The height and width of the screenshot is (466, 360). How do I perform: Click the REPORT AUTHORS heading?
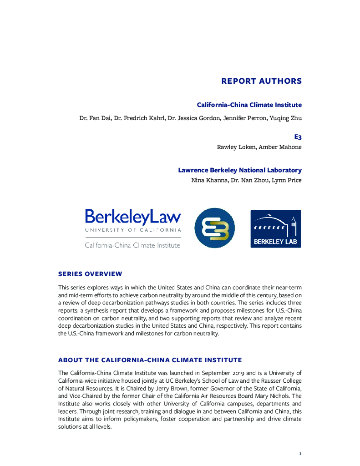[261, 81]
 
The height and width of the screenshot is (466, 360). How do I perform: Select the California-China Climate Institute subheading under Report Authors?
[249, 105]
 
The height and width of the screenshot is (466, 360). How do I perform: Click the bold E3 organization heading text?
[298, 136]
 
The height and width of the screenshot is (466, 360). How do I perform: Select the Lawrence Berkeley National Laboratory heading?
[239, 170]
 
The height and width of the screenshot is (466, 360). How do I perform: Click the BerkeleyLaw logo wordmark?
[133, 217]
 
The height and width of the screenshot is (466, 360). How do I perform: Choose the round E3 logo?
[214, 228]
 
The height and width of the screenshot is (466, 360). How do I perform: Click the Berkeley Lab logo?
[275, 228]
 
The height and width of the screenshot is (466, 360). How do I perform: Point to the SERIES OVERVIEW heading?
[90, 274]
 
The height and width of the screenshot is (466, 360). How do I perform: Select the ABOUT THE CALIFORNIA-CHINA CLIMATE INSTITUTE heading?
[150, 360]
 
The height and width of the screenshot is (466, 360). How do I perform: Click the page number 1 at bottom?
[300, 453]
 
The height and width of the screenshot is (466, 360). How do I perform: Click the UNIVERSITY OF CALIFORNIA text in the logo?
[133, 230]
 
